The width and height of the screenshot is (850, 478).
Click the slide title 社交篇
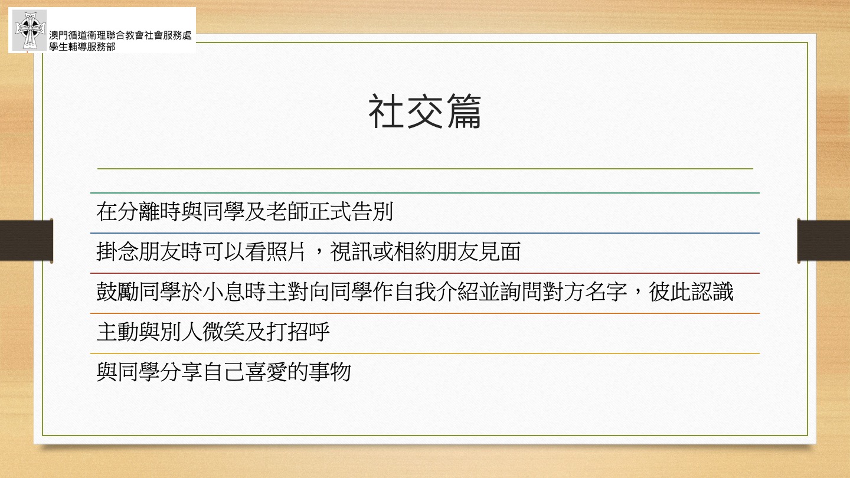point(424,112)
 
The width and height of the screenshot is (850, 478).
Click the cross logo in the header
point(30,30)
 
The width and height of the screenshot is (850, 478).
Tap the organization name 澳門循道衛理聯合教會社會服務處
point(120,35)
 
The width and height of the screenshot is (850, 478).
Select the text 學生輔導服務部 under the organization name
point(82,47)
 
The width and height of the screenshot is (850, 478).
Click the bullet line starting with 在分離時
point(245,211)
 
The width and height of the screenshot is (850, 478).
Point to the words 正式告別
point(350,211)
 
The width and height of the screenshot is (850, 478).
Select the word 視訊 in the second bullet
point(351,251)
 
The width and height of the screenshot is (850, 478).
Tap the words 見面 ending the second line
point(499,251)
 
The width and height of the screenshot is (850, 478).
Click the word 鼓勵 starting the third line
point(117,292)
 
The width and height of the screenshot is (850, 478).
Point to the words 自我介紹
point(436,292)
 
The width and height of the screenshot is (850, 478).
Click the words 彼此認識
point(691,292)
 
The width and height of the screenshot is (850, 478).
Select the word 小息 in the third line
point(224,292)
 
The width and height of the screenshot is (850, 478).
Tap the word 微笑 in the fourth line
point(224,332)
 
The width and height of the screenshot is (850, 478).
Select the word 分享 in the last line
point(181,372)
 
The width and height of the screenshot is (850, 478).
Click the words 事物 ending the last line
point(330,372)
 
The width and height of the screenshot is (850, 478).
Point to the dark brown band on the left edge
point(26,241)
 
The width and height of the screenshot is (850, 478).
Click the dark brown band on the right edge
point(823,241)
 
